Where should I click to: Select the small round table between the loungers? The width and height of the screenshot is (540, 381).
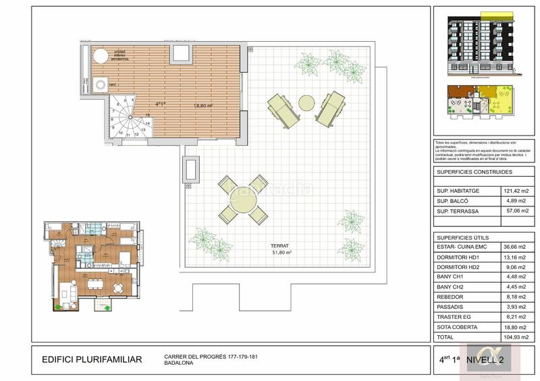point(307,102)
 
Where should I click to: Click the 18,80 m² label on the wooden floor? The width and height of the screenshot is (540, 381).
point(203,105)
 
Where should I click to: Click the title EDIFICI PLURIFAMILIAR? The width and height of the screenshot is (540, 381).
point(92,359)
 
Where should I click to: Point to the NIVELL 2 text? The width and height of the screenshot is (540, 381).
point(497,359)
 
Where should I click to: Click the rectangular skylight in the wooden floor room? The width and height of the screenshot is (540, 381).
point(181,54)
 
